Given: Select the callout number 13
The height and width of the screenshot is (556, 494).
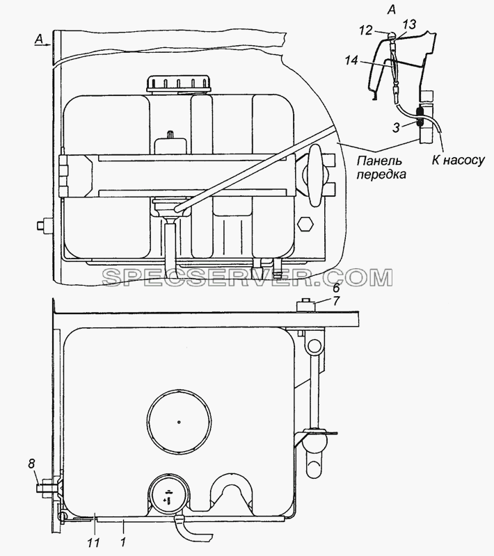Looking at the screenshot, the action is coord(408,24).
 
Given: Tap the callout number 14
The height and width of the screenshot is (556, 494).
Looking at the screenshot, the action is coord(351,60).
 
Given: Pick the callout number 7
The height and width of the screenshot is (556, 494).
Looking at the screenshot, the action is coord(336,301).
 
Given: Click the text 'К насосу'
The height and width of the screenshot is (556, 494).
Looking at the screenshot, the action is coord(458,161).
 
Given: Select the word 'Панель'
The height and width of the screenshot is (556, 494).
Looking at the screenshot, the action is coord(379,161).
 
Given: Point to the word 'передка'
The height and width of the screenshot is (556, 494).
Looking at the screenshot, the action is coord(381,175).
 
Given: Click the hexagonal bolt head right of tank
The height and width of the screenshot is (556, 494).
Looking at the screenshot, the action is coord(305,224).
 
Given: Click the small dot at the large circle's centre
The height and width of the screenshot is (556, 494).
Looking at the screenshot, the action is coord(180,422).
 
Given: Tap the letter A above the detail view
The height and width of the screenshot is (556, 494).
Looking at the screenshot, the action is coord(391,10).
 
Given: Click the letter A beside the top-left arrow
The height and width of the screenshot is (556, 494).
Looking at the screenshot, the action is coord(39,40).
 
